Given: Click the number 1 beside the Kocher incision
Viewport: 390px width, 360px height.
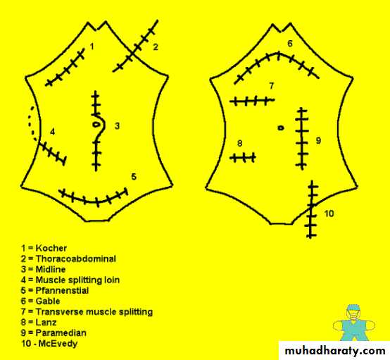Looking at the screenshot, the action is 92,46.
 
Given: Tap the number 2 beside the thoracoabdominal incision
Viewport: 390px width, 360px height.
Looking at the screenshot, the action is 156,46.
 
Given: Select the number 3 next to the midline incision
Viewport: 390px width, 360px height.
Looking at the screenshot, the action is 117,125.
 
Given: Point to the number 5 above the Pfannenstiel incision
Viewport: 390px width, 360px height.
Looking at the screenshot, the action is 134,177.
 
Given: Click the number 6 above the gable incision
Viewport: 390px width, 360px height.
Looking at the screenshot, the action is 290,43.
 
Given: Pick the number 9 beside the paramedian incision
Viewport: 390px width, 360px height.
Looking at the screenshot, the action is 318,140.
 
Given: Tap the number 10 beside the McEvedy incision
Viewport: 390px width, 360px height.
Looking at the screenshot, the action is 329,213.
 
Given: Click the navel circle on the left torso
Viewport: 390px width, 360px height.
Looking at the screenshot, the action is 96,124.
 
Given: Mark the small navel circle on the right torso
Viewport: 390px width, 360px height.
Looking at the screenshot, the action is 281,128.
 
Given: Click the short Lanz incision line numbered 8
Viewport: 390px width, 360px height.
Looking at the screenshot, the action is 243,158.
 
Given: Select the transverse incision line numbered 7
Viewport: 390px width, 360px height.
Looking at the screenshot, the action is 252,101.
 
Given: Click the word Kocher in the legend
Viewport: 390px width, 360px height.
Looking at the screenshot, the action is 51,248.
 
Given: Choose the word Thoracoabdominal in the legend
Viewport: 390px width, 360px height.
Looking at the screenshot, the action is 76,259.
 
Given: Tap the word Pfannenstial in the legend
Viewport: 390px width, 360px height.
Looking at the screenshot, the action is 62,290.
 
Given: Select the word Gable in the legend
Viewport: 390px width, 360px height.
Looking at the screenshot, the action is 48,301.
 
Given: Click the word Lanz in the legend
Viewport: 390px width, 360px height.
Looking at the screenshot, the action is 46,322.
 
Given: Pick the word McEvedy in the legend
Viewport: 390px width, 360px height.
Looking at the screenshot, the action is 58,344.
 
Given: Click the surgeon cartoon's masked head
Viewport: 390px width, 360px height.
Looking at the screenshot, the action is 354,313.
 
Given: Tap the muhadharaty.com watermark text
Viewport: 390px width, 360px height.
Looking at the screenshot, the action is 335,351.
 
